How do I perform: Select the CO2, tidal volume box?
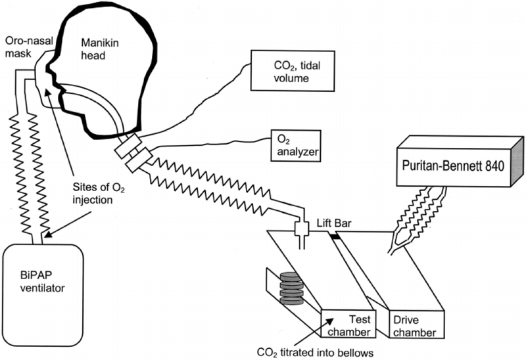(288, 72)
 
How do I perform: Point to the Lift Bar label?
(333, 223)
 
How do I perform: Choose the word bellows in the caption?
(354, 351)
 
